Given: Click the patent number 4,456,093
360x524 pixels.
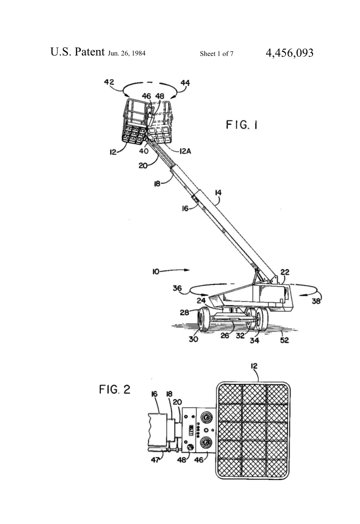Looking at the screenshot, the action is point(289,53).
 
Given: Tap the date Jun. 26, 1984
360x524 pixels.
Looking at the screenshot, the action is point(127,53).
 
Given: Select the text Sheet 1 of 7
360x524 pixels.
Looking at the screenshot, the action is point(217,54).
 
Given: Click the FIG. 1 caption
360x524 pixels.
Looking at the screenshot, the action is point(242,125).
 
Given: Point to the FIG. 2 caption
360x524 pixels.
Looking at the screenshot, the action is point(115,390).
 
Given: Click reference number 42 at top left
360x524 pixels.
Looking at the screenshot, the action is point(109,82).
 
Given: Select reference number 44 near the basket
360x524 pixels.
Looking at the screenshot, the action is point(185,83).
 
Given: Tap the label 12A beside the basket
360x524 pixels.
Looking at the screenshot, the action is point(185,151).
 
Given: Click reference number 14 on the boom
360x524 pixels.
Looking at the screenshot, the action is point(218,193).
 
